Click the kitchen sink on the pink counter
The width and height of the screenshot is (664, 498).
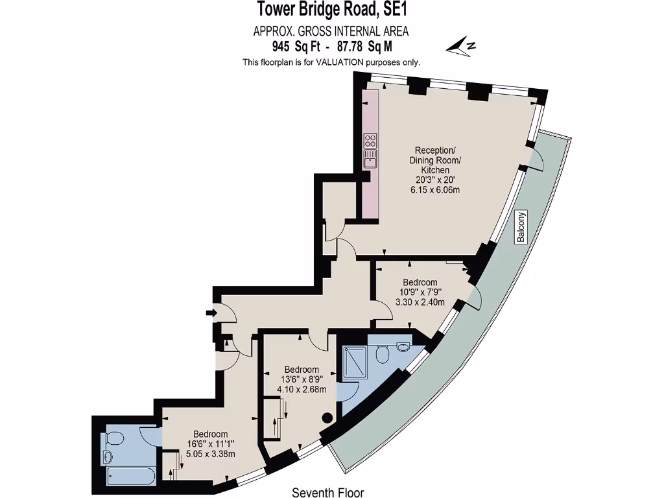click(x=371, y=158)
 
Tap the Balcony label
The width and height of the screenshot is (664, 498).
click(x=521, y=227)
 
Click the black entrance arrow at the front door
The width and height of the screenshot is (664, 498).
click(x=211, y=314)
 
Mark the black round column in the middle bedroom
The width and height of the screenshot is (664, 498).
click(x=328, y=418)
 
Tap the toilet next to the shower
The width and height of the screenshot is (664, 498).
click(x=383, y=354)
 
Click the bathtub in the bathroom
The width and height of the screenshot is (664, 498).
click(x=130, y=477)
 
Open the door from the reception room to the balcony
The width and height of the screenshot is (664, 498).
click(x=536, y=161)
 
